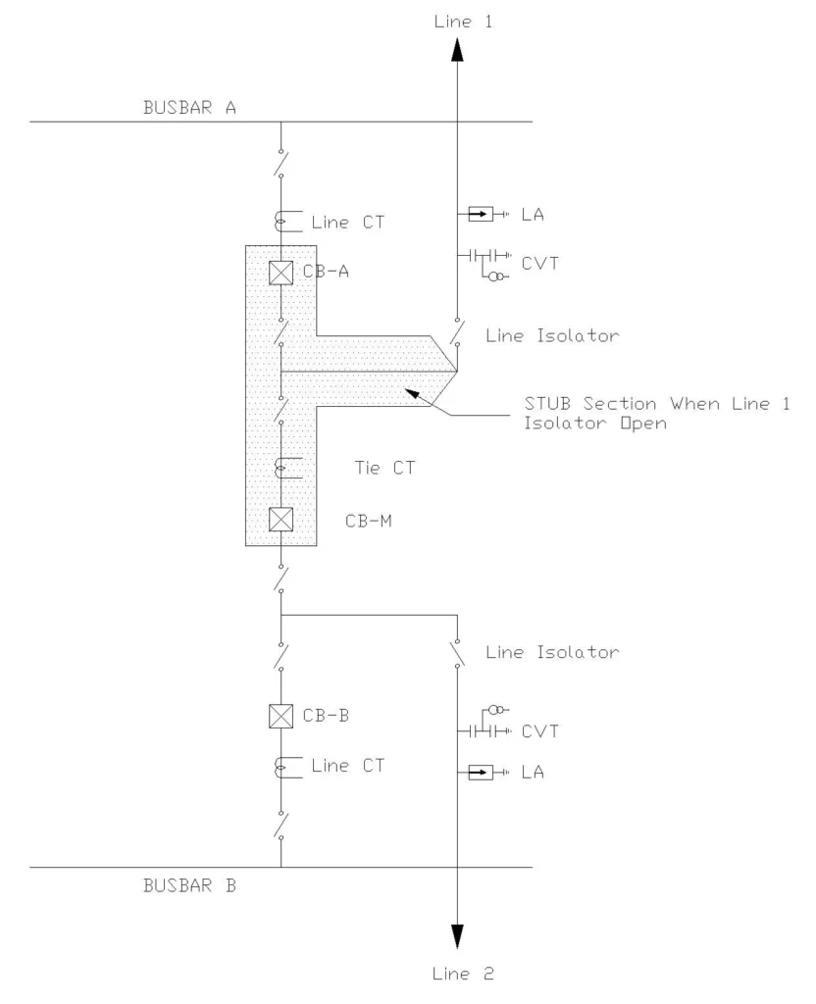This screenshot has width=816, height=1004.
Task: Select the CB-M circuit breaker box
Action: [x=281, y=519]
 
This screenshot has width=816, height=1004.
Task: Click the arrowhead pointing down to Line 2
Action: [x=457, y=937]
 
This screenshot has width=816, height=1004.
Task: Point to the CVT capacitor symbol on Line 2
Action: [x=481, y=731]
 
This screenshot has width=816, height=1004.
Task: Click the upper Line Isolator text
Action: [x=552, y=336]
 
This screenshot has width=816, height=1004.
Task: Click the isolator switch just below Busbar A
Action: [x=281, y=163]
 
